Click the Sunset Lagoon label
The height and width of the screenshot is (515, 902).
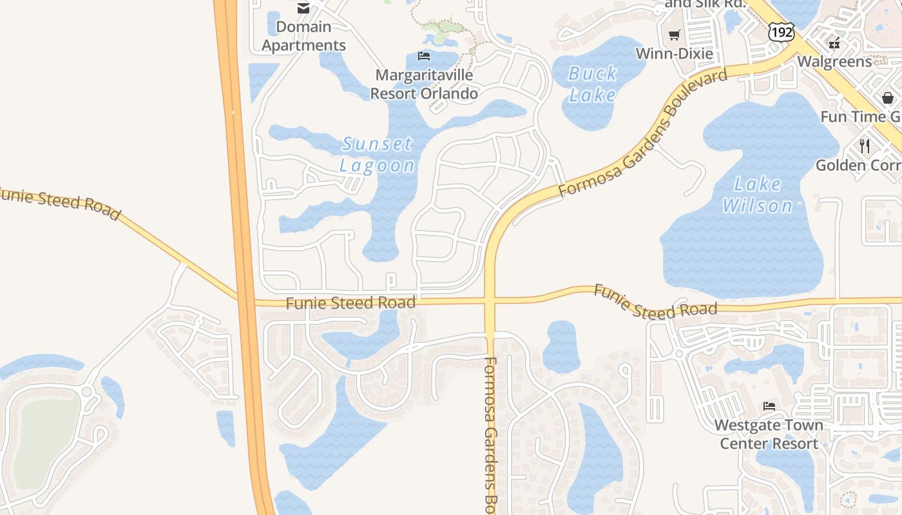(x=378, y=154)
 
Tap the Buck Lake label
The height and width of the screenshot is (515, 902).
(x=593, y=84)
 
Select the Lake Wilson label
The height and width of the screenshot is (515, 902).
(x=758, y=195)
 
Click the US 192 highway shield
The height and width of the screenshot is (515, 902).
(x=781, y=31)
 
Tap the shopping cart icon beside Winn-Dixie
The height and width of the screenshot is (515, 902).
(x=675, y=35)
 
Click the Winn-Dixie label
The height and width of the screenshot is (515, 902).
(x=675, y=53)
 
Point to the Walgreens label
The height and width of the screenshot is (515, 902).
(x=834, y=61)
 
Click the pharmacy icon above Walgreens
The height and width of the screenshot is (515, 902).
(x=834, y=43)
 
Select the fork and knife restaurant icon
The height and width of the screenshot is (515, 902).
(x=865, y=146)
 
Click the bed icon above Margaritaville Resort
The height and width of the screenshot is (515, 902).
(x=424, y=56)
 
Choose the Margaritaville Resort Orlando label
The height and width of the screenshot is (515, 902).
(x=424, y=84)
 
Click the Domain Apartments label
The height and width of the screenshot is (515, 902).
(x=303, y=36)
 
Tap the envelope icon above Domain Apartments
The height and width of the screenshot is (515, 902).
(x=303, y=8)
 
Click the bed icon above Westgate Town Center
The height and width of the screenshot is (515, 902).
(x=769, y=406)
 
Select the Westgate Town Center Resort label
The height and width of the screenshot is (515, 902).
(x=769, y=435)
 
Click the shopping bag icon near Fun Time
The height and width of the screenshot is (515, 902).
(x=888, y=98)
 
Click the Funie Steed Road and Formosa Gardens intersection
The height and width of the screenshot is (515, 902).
(x=490, y=301)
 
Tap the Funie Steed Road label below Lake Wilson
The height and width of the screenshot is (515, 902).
(x=655, y=303)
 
